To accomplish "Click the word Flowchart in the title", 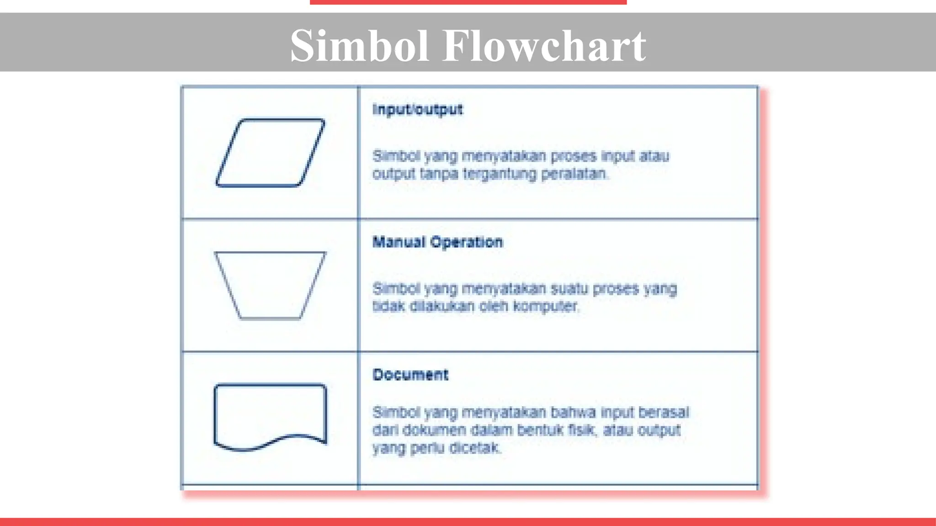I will tap(544, 46).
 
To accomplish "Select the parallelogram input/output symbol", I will tap(270, 153).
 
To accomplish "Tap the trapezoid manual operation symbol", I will tap(270, 285).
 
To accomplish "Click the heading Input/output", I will tap(418, 110).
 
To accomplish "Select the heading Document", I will tap(410, 375).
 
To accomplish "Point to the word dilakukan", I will tap(442, 306).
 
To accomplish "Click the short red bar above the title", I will tap(468, 2).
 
